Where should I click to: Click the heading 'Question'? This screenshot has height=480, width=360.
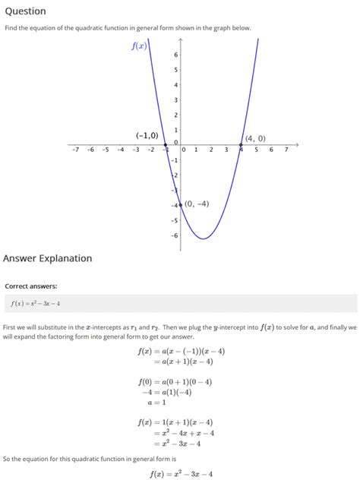pos(24,11)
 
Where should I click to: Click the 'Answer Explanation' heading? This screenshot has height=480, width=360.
pos(47,258)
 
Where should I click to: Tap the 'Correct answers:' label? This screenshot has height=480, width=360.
pos(31,286)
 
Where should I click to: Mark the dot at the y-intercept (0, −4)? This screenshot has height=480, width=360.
pos(181,204)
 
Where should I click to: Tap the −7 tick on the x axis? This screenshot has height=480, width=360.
pos(75,150)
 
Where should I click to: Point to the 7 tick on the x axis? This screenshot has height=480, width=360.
pos(286,150)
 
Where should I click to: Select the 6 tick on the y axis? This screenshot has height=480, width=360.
pos(176,55)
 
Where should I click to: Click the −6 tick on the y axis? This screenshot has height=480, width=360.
pos(174,235)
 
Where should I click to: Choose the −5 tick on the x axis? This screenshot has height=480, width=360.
pos(106,150)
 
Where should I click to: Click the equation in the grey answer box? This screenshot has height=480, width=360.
pos(35,304)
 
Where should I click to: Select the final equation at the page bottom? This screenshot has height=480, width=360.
pos(180,474)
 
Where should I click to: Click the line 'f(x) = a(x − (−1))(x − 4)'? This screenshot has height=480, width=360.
pos(181,352)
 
